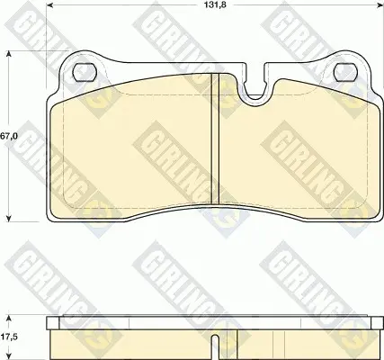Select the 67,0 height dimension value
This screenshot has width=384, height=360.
click(8, 137)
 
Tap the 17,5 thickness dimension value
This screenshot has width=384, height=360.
click(9, 337)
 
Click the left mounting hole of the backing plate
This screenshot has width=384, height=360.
click(85, 72)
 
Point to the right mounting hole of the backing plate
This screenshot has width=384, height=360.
click(344, 72)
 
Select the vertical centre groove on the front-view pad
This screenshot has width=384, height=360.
click(215, 139)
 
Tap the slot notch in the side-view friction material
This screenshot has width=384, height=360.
click(215, 347)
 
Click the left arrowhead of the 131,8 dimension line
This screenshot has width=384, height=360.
click(50, 5)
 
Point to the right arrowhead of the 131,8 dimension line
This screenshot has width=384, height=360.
click(380, 5)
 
